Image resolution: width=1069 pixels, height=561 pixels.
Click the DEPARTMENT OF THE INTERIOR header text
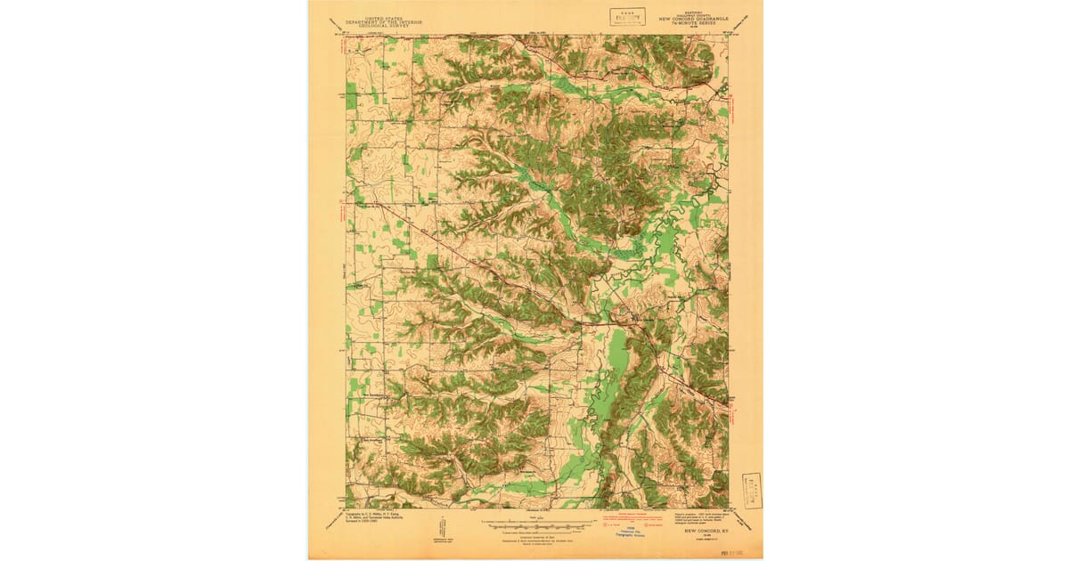[x=386, y=23]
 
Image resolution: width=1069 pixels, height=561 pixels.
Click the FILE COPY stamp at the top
[x=628, y=17]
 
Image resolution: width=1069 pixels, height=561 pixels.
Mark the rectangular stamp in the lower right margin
[x=751, y=491]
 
